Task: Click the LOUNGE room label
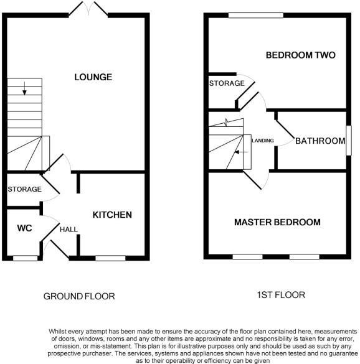pos(93,77)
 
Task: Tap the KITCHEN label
pos(112,215)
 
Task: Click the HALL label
pos(69,230)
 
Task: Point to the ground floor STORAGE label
pos(24,189)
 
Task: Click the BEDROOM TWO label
pos(300,55)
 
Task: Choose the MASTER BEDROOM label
pos(277,222)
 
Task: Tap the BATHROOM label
pos(320,141)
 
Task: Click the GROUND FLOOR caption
pos(78,296)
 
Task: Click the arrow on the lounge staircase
pos(24,90)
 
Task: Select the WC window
pos(25,257)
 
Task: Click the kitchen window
pos(110,257)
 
